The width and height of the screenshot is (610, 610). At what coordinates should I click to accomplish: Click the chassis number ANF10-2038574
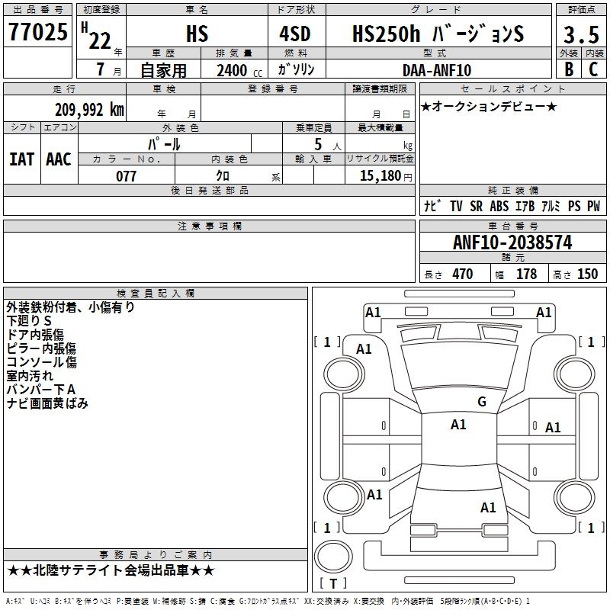click(x=512, y=243)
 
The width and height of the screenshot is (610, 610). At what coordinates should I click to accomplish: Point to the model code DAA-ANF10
click(x=437, y=70)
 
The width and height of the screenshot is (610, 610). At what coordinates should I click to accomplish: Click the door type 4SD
click(x=297, y=34)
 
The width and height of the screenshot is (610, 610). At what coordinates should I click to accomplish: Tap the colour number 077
click(x=126, y=176)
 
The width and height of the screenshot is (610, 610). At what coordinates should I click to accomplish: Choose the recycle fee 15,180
click(x=379, y=176)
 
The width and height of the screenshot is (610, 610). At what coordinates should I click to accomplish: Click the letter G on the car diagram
click(x=481, y=402)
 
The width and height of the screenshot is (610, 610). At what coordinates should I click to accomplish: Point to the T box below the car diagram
click(x=332, y=583)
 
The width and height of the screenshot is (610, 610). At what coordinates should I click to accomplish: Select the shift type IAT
click(x=21, y=159)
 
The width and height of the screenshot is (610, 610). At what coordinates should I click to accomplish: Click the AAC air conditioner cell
click(x=59, y=159)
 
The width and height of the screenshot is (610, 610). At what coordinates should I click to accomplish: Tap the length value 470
click(x=462, y=274)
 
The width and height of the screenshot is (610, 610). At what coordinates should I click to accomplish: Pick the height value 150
click(x=587, y=274)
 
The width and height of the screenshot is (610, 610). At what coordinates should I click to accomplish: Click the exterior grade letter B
click(x=568, y=70)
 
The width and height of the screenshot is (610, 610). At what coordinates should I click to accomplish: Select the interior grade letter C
click(x=593, y=70)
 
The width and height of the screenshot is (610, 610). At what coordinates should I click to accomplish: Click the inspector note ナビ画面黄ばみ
click(x=47, y=403)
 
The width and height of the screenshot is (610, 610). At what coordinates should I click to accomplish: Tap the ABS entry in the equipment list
click(x=499, y=207)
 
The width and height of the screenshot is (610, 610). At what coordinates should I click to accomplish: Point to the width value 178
click(x=526, y=274)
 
